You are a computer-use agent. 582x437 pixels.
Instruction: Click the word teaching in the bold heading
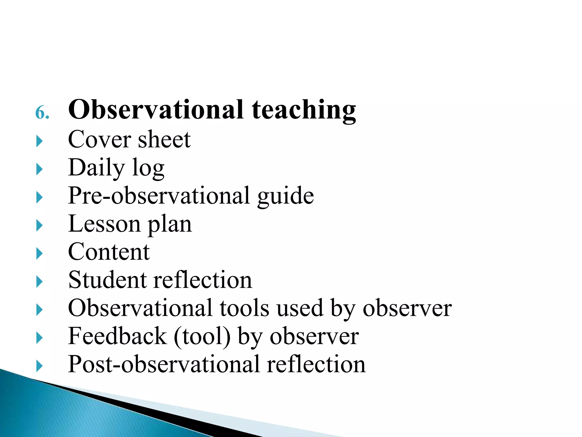click(x=304, y=110)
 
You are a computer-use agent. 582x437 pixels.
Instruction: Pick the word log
click(x=149, y=169)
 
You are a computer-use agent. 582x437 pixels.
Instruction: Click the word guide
click(x=285, y=196)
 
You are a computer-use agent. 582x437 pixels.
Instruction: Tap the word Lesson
click(x=104, y=224)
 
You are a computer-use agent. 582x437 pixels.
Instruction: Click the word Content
click(x=109, y=252)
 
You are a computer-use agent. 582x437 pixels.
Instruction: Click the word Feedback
click(x=117, y=336)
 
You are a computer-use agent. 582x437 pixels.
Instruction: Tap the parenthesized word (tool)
click(x=202, y=337)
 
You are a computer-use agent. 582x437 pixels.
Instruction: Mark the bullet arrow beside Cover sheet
click(x=40, y=141)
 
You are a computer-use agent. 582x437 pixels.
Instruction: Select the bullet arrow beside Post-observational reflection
click(x=40, y=366)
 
